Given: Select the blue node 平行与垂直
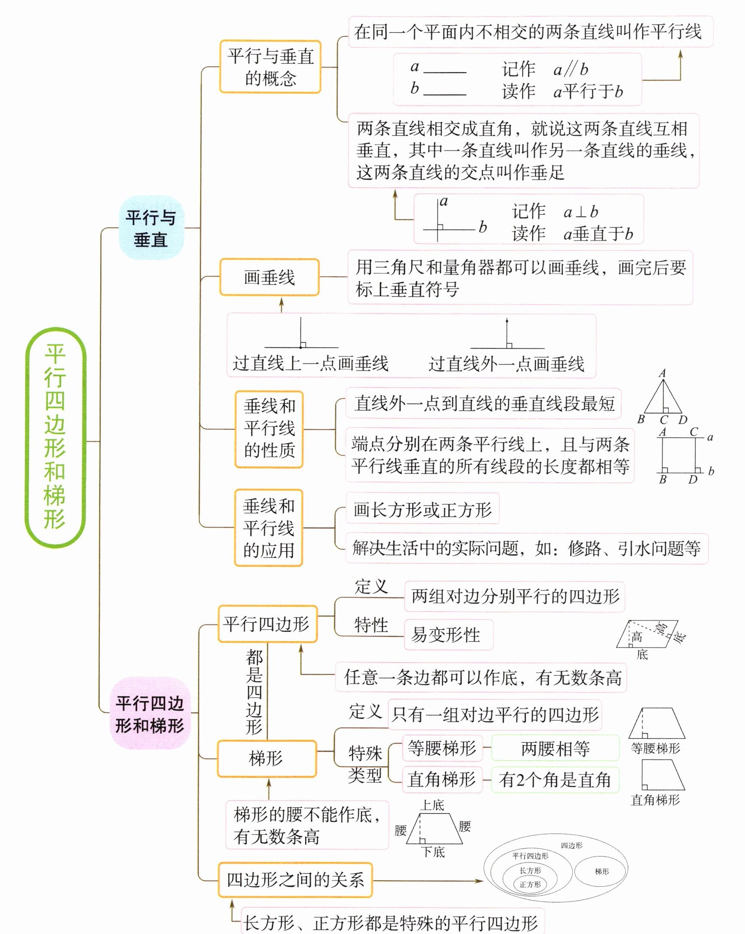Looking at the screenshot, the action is tap(151, 228).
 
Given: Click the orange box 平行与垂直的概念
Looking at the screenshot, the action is tap(270, 67).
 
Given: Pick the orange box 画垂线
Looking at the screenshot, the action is tap(270, 277).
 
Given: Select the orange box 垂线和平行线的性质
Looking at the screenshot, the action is tap(269, 429).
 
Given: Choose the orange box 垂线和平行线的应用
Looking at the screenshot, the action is tap(268, 527).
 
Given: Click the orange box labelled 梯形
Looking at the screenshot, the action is tap(266, 759).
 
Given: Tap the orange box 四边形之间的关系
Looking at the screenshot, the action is tap(295, 880).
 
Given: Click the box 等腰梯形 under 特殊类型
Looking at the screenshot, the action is tap(442, 748).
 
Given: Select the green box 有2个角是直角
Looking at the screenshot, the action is tap(555, 780).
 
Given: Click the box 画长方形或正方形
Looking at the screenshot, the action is tap(422, 509).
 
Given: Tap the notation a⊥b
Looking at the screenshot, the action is tap(581, 212).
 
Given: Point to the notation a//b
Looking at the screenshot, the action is tap(571, 69).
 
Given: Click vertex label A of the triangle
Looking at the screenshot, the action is tap(662, 373).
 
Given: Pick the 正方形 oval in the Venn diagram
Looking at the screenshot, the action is tap(530, 885).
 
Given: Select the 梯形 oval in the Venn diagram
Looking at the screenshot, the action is tap(602, 871).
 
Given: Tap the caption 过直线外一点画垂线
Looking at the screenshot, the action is tap(506, 364).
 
